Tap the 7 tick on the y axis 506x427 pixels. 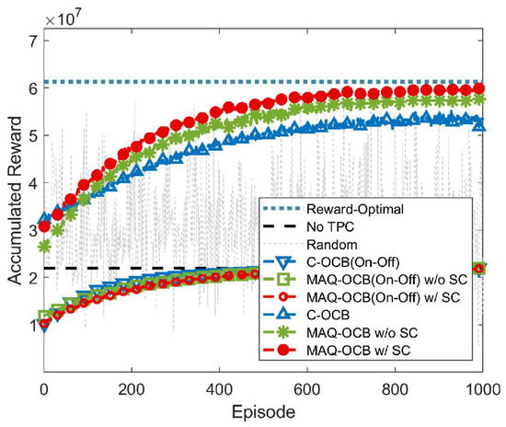[32, 40]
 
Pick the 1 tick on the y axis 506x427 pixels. [32, 325]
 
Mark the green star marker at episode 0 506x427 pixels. [44, 247]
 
